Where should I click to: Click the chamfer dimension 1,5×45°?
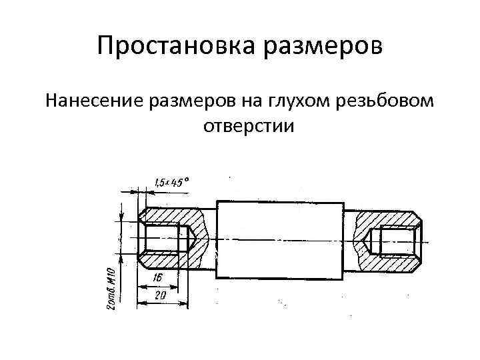[171, 181]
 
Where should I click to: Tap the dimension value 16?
[157, 277]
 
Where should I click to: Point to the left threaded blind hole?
[163, 238]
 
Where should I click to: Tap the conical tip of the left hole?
[191, 238]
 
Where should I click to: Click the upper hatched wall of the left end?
[173, 217]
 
